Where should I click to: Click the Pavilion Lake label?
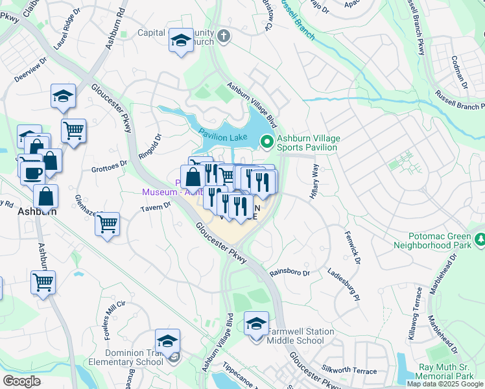pos(222,135)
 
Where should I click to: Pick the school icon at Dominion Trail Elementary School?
pos(167,340)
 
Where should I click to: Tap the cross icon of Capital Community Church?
pos(224,36)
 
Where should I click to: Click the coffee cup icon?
pos(32,172)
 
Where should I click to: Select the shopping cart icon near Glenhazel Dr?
pos(107,224)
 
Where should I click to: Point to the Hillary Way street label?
pos(316,182)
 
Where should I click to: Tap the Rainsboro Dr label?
pos(289,273)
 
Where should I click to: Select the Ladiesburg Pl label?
pos(343,285)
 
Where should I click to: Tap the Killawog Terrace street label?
pos(415,318)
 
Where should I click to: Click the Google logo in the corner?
pos(21,381)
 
